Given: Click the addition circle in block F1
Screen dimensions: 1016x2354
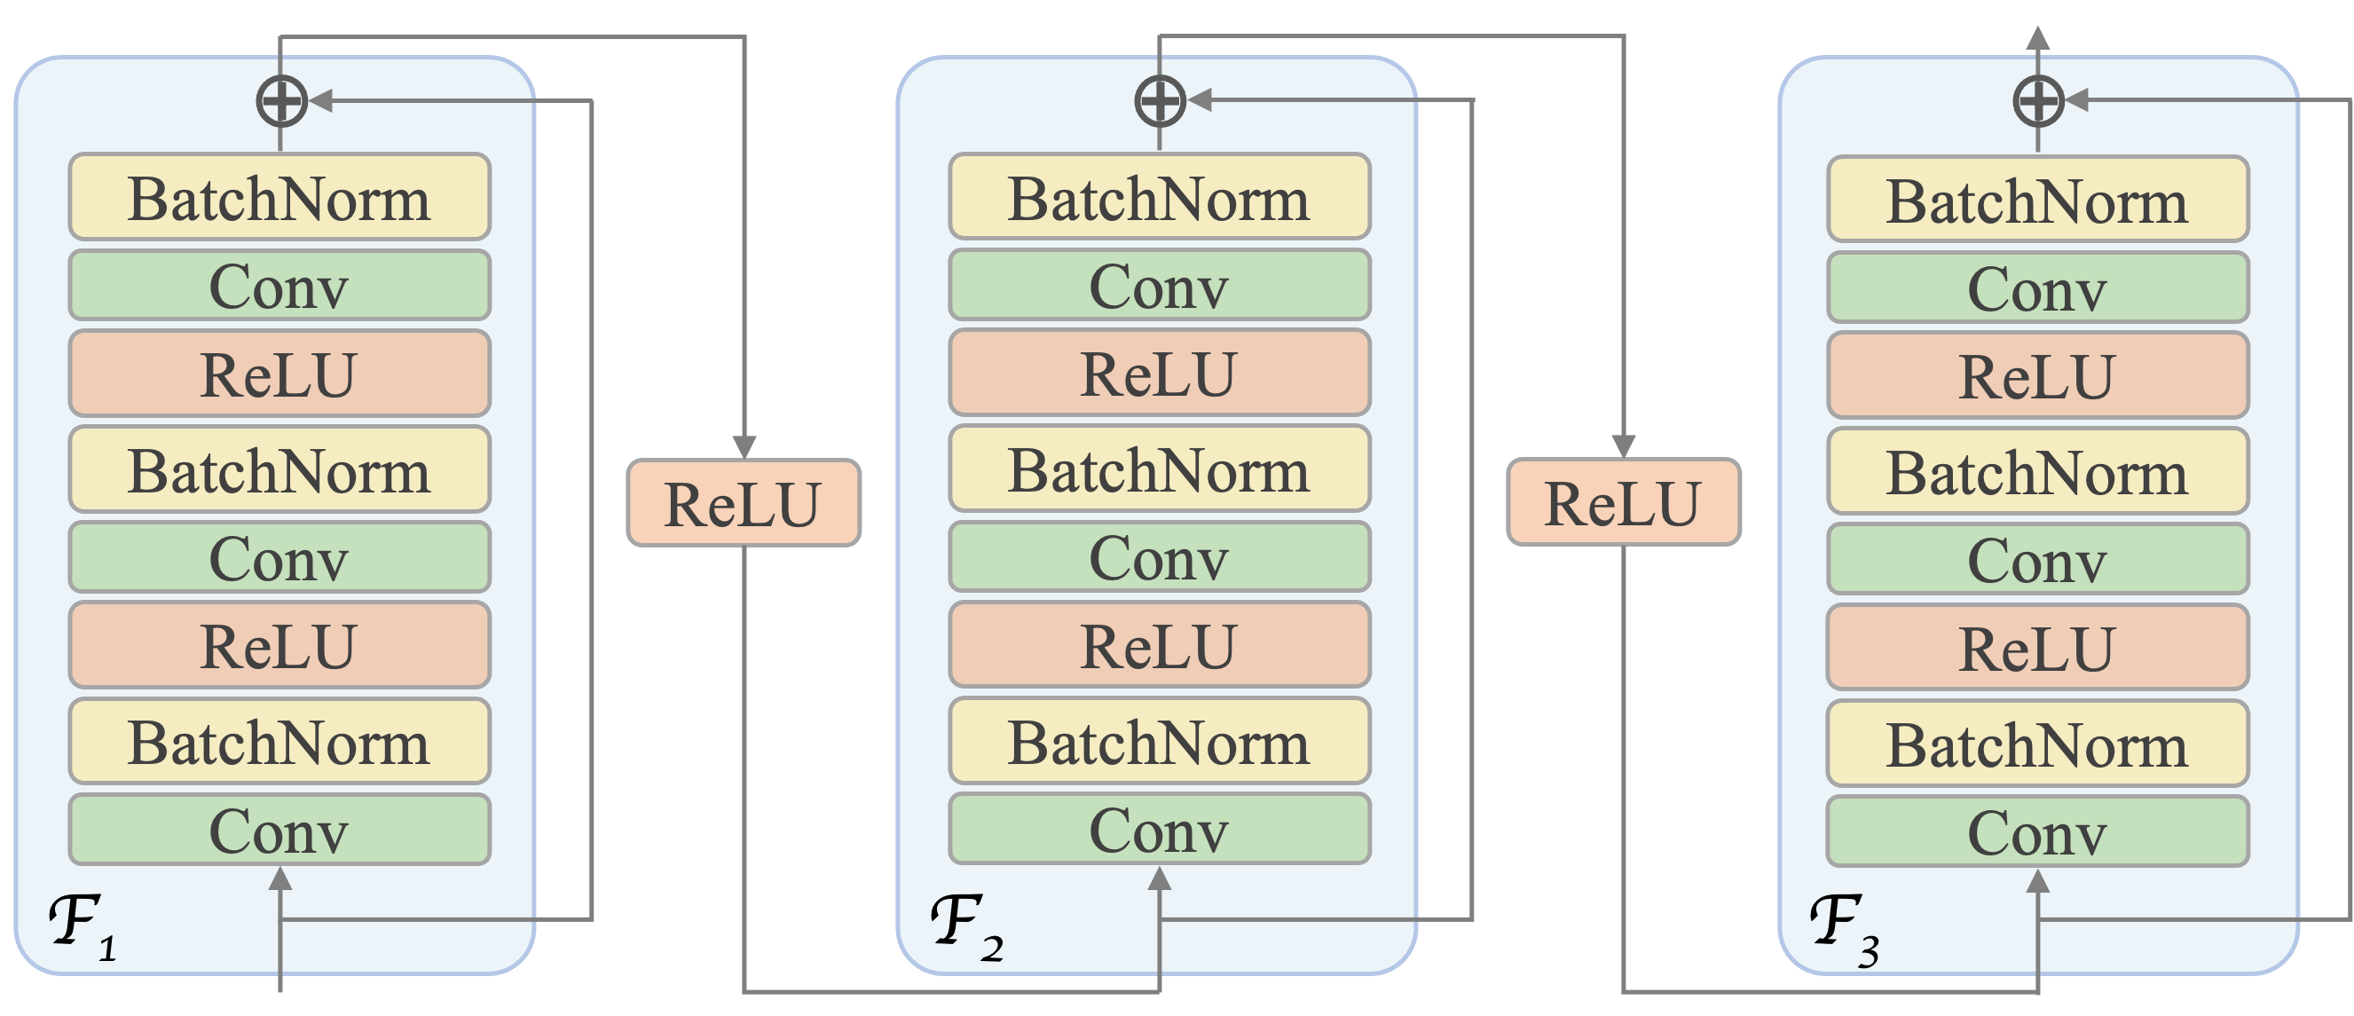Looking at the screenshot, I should pyautogui.click(x=280, y=100).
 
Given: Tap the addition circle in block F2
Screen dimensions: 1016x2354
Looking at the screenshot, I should pyautogui.click(x=1160, y=99).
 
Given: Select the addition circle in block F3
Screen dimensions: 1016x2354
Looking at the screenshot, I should pyautogui.click(x=2038, y=100).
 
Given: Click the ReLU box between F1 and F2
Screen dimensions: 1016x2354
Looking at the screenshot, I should pyautogui.click(x=744, y=503).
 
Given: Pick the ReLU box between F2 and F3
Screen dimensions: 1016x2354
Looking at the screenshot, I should pyautogui.click(x=1623, y=502).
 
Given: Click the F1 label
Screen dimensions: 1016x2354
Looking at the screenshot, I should pyautogui.click(x=81, y=925).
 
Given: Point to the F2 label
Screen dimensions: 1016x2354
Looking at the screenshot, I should pyautogui.click(x=965, y=925).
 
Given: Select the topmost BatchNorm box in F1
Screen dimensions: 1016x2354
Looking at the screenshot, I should pyautogui.click(x=279, y=197).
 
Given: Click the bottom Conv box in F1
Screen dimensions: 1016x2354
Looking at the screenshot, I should pyautogui.click(x=279, y=830).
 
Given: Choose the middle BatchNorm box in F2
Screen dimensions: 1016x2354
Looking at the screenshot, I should pyautogui.click(x=1159, y=469).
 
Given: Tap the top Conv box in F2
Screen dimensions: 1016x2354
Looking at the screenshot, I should pyautogui.click(x=1159, y=285).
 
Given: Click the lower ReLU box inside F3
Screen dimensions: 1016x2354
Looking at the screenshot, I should pyautogui.click(x=2037, y=648).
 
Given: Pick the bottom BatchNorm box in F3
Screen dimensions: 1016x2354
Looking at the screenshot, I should pyautogui.click(x=2037, y=744).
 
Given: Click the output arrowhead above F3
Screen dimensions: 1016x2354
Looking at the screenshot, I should pyautogui.click(x=2038, y=38).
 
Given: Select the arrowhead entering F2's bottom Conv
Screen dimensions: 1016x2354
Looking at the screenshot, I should pyautogui.click(x=1160, y=879).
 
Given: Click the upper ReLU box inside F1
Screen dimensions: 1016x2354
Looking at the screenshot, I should pyautogui.click(x=279, y=374).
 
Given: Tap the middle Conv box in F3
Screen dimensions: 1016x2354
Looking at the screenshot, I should pyautogui.click(x=2037, y=559).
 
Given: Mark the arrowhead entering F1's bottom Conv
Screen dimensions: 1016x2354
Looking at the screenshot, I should pyautogui.click(x=280, y=879).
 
